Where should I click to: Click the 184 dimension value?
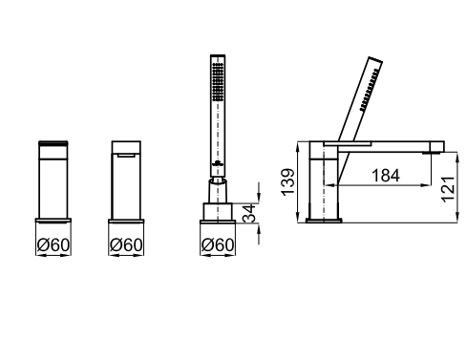386,176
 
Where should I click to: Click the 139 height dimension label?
288,182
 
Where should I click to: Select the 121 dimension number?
448,189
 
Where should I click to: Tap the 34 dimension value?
249,213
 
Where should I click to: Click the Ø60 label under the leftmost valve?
53,244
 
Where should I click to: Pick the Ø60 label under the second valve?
126,244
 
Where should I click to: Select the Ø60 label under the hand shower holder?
218,244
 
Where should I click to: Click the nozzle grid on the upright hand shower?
218,82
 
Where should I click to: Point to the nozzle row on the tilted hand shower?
370,90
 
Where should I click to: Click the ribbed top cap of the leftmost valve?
53,143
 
